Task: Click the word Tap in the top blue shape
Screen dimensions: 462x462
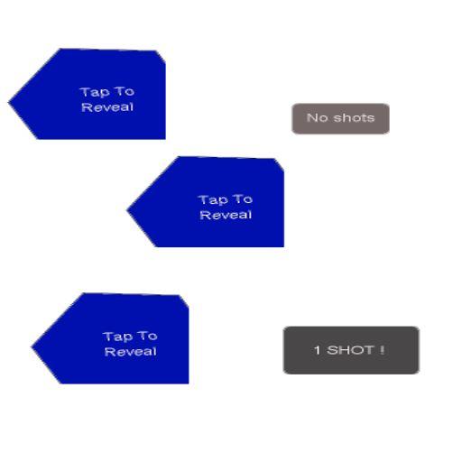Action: point(95,92)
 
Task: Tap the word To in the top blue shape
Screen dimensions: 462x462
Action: point(125,91)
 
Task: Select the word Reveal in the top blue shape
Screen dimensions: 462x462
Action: point(107,107)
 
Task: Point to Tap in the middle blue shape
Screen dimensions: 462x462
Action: point(213,200)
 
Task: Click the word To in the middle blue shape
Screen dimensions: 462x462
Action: point(244,199)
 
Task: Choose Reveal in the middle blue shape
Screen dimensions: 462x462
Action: point(226,215)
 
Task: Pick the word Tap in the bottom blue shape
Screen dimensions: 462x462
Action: point(117,337)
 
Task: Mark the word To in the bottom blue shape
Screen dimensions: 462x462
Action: point(148,336)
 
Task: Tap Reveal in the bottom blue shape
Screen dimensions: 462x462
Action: point(130,352)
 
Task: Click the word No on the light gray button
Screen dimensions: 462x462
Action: point(317,117)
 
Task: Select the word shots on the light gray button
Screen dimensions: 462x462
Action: point(354,117)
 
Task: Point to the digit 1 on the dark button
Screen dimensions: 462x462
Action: point(317,350)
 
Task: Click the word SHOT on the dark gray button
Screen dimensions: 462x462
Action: point(350,350)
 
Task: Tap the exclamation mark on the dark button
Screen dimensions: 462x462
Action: point(382,350)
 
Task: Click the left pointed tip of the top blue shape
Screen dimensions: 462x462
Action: point(9,103)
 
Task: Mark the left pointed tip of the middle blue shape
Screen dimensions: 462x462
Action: point(127,210)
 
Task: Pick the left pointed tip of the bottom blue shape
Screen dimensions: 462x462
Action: point(32,347)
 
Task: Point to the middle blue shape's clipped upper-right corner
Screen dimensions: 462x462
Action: point(280,164)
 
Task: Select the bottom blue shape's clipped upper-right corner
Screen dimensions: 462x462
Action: point(184,300)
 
